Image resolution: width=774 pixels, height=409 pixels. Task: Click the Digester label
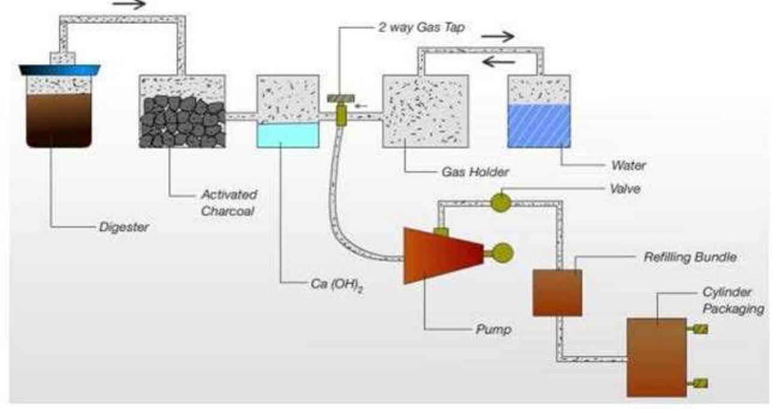point(124,227)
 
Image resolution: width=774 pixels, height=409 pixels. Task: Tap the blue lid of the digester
point(60,69)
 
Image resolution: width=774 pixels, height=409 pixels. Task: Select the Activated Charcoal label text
point(229,202)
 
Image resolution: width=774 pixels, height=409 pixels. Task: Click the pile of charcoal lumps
point(182,122)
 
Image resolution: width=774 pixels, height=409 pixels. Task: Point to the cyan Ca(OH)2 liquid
point(288,135)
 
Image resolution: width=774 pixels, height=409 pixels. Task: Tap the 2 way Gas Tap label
point(421,27)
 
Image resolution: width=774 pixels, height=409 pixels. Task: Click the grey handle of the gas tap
point(341,99)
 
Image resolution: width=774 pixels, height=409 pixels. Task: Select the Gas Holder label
point(475,172)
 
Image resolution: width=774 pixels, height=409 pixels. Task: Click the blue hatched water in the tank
point(539,126)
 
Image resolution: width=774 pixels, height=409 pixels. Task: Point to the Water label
point(628,165)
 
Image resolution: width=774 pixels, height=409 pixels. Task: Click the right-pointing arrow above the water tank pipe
point(498,36)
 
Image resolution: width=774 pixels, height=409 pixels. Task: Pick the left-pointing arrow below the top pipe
point(499,62)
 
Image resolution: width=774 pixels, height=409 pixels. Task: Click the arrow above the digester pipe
point(129,4)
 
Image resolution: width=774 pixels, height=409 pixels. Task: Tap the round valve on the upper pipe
point(501,202)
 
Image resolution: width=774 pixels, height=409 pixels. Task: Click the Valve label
point(625,189)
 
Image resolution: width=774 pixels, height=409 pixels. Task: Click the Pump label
point(493,329)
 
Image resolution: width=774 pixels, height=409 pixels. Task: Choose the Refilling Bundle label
point(690,257)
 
